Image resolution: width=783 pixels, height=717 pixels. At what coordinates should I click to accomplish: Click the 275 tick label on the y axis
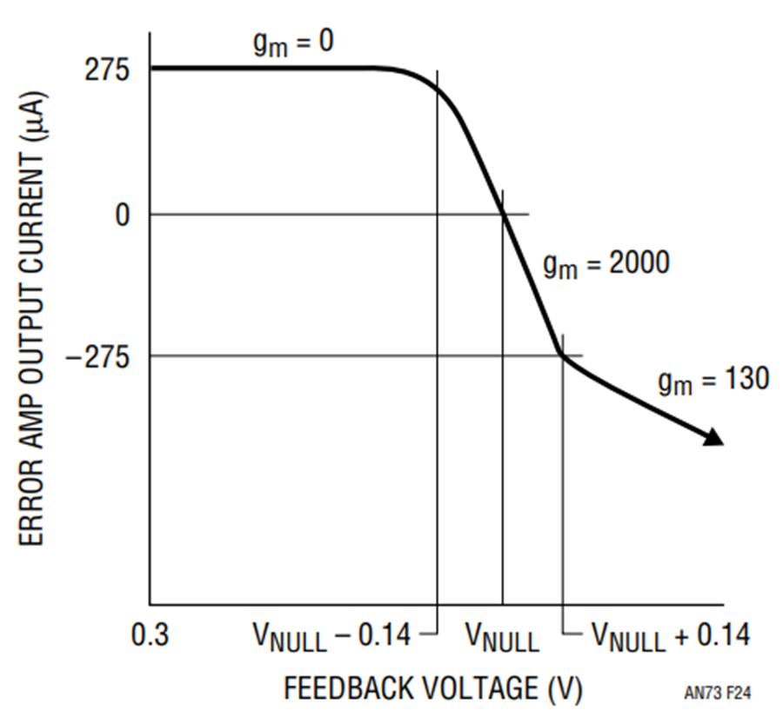click(x=107, y=70)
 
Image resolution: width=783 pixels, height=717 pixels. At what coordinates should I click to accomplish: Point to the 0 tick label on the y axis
click(x=123, y=216)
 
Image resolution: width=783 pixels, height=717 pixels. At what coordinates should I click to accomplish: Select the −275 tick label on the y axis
click(x=97, y=356)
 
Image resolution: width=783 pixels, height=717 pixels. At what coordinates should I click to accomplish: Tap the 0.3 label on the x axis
click(x=150, y=634)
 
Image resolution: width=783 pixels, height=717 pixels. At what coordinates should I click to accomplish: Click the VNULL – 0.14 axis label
click(x=332, y=637)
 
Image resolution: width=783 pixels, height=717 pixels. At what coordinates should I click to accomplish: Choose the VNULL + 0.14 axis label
click(x=671, y=637)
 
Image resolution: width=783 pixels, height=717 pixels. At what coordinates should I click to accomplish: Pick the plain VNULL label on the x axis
click(x=502, y=638)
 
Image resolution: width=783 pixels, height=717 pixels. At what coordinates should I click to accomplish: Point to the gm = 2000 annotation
click(x=606, y=264)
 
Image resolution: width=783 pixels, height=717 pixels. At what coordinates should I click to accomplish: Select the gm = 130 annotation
click(x=713, y=381)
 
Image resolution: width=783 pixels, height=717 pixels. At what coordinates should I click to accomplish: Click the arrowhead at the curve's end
click(x=714, y=437)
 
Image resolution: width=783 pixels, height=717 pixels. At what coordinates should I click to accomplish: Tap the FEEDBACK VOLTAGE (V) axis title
click(x=433, y=688)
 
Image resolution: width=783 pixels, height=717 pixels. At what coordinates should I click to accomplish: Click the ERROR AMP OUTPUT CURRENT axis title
click(x=32, y=318)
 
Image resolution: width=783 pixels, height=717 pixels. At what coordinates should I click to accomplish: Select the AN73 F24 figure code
click(x=717, y=693)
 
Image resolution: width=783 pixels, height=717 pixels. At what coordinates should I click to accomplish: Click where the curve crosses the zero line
click(x=504, y=215)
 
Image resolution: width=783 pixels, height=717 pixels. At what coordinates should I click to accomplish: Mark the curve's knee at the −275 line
click(x=563, y=355)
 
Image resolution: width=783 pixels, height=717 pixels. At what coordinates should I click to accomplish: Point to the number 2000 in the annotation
click(x=639, y=262)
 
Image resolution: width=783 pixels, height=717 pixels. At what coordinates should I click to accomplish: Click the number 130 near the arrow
click(x=747, y=379)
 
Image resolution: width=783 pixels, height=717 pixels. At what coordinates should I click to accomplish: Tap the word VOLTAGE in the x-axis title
click(x=481, y=688)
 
